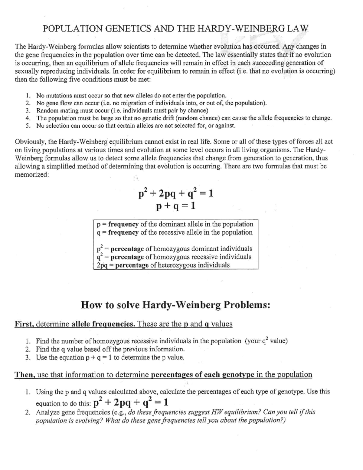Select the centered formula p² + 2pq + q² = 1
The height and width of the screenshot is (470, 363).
pos(175,193)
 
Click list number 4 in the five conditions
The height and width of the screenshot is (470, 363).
pos(28,118)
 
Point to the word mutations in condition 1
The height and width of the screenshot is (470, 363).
pos(59,95)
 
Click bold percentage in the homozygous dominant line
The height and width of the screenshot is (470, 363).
pos(127,249)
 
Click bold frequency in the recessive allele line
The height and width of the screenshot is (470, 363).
pos(123,232)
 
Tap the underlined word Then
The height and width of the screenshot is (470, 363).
pos(25,375)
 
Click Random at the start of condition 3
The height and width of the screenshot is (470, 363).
pos(46,110)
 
